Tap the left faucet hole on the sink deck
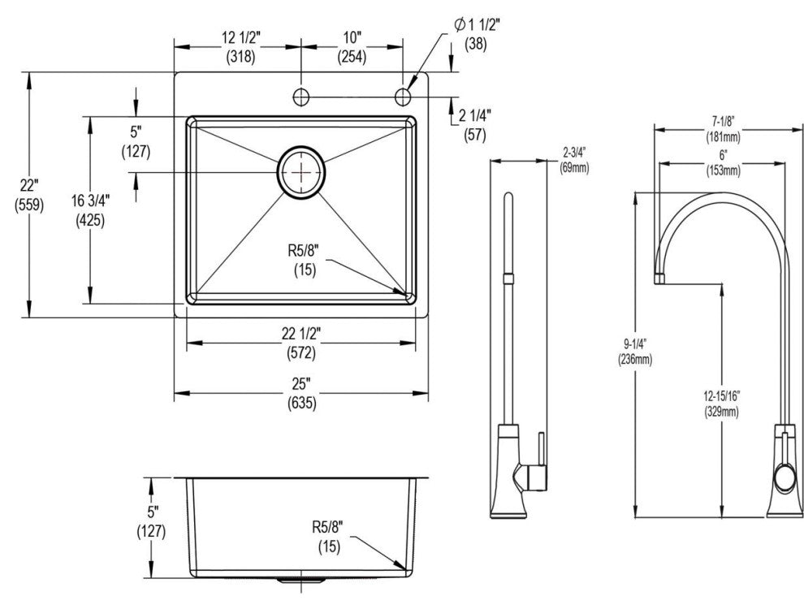[x=301, y=97]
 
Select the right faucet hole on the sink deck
[x=403, y=97]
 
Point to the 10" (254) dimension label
[x=352, y=46]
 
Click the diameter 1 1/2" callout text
[x=477, y=24]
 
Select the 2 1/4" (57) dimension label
[x=475, y=124]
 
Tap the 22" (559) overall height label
[x=29, y=195]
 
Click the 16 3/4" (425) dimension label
[x=90, y=210]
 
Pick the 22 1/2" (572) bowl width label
[x=301, y=343]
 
